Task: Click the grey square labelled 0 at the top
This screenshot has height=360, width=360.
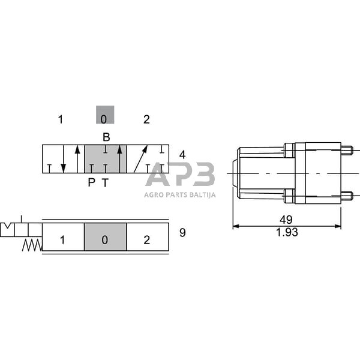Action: (x=105, y=115)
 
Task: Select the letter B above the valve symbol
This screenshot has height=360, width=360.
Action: (x=106, y=137)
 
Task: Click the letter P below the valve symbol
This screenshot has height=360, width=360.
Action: (x=91, y=182)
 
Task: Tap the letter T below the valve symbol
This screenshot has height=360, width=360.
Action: (x=105, y=182)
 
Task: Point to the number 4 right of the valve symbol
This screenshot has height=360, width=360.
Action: (x=182, y=155)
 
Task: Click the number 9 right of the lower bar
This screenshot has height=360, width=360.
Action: (x=182, y=233)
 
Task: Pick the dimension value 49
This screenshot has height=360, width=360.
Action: (x=286, y=220)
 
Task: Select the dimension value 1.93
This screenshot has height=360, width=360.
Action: (x=287, y=232)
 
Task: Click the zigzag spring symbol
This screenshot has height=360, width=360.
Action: (x=32, y=245)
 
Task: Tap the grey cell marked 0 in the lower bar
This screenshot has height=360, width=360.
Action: (x=106, y=237)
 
